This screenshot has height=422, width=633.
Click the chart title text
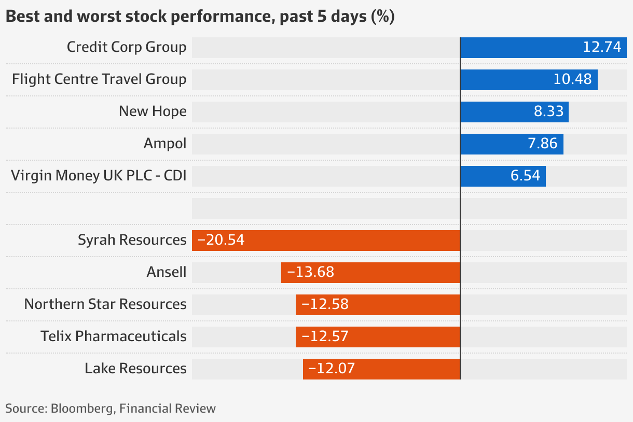point(200,17)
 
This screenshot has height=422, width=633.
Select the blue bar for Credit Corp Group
point(519,47)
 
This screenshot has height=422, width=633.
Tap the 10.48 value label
point(573,79)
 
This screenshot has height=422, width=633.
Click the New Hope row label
point(153,111)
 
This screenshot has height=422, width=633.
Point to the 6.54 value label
point(525,176)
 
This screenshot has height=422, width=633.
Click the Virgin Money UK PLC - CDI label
point(99,176)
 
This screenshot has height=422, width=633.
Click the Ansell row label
point(167,272)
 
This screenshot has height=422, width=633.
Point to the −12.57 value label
point(325,336)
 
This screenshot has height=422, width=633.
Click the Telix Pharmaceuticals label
point(114,336)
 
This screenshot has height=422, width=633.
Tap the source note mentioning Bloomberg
point(111,409)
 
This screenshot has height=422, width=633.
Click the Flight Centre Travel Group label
point(99,79)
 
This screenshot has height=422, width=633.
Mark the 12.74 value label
point(602,47)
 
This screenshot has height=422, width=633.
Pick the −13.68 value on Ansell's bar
point(310,272)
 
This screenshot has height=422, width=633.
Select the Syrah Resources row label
point(132,240)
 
